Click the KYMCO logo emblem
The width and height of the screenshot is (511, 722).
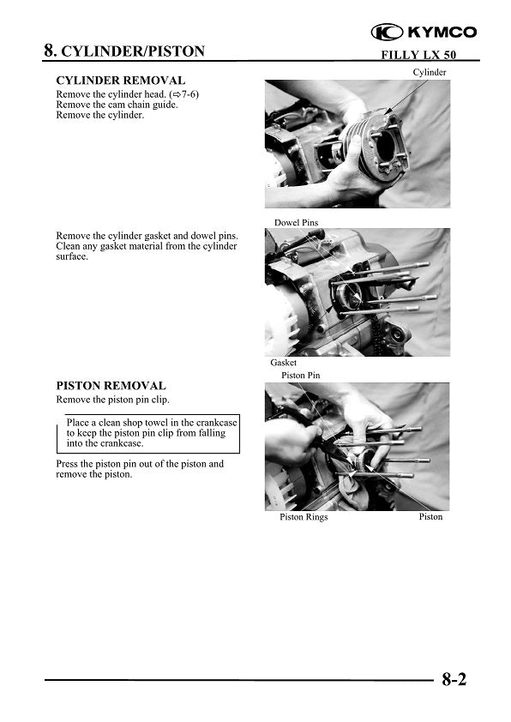pyautogui.click(x=387, y=32)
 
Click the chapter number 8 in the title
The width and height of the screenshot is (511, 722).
pyautogui.click(x=50, y=51)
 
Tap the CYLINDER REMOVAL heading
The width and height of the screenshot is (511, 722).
pyautogui.click(x=120, y=81)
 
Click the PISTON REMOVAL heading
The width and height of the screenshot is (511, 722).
pyautogui.click(x=111, y=386)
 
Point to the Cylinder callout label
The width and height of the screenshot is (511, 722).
pyautogui.click(x=430, y=72)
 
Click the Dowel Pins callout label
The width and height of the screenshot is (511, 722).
pyautogui.click(x=296, y=223)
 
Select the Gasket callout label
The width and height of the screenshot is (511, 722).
pyautogui.click(x=284, y=363)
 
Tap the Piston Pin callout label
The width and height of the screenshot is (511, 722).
pyautogui.click(x=300, y=376)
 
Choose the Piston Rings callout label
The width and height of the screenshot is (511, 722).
pyautogui.click(x=304, y=517)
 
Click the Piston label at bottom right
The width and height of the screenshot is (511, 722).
pyautogui.click(x=430, y=517)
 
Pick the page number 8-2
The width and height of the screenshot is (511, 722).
pyautogui.click(x=454, y=681)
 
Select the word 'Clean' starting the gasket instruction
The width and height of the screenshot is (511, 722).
pyautogui.click(x=69, y=247)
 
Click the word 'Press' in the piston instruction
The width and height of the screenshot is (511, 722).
pyautogui.click(x=68, y=464)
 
